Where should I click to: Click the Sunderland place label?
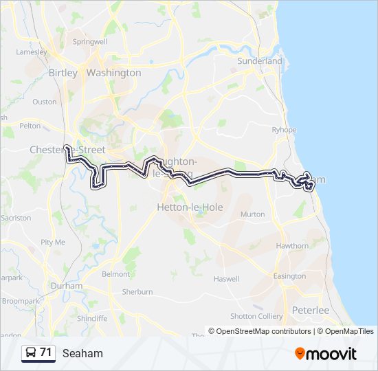coord(260,61)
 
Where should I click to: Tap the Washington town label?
coord(113,73)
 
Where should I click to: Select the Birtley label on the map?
coord(63,73)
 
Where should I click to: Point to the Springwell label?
coord(90,41)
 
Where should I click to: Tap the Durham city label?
coord(66,286)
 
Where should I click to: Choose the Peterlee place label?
coord(311,311)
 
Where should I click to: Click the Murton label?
coord(252,214)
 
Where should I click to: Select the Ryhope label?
coord(284,130)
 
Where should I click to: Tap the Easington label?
coord(289,276)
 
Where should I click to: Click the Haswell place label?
coord(226,279)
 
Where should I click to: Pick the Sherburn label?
coord(137,292)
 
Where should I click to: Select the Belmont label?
coord(115,274)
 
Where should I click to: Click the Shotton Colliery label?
coord(256,316)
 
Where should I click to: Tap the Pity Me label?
coord(53,242)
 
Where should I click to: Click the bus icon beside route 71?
coord(31,353)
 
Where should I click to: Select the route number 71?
coord(46,352)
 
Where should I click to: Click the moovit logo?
coord(326,354)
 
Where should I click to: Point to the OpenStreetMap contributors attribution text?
coord(260,331)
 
